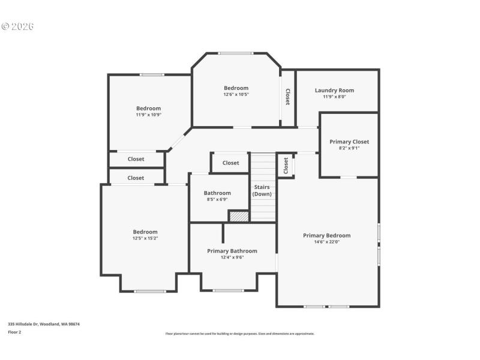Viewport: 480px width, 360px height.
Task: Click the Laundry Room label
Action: pyautogui.click(x=334, y=91)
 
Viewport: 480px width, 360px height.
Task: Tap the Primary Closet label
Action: pyautogui.click(x=349, y=142)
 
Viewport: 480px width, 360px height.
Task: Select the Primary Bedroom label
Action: pyautogui.click(x=326, y=236)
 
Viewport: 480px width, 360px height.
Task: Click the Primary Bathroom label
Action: pyautogui.click(x=232, y=251)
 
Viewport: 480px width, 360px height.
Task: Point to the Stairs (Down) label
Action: pyautogui.click(x=262, y=191)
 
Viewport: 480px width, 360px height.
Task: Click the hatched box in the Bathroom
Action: pyautogui.click(x=239, y=216)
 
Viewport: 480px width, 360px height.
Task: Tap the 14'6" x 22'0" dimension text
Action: pyautogui.click(x=326, y=242)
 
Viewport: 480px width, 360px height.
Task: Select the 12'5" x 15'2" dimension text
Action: pyautogui.click(x=145, y=238)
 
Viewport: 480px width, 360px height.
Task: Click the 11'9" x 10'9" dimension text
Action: pyautogui.click(x=148, y=115)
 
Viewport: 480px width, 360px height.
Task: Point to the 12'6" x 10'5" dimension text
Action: pyautogui.click(x=236, y=94)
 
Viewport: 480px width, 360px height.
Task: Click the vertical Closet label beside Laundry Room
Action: pyautogui.click(x=288, y=97)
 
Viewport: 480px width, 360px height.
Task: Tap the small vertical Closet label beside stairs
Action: pyautogui.click(x=286, y=165)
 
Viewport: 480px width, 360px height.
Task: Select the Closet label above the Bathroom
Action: pyautogui.click(x=230, y=163)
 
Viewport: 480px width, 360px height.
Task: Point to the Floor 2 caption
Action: pyautogui.click(x=14, y=332)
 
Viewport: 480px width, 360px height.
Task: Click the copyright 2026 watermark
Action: pyautogui.click(x=18, y=26)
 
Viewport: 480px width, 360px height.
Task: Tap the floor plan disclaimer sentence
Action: pyautogui.click(x=239, y=334)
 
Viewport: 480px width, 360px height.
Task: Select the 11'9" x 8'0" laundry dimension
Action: pyautogui.click(x=334, y=97)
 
